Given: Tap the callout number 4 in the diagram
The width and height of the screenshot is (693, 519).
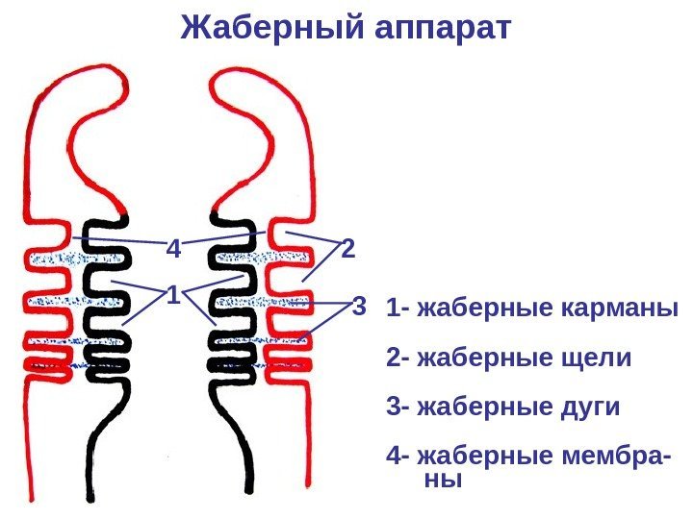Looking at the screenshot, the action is click(174, 250).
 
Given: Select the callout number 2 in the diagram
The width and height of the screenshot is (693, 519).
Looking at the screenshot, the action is click(348, 250).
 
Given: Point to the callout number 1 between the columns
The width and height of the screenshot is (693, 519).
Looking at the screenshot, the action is click(173, 294).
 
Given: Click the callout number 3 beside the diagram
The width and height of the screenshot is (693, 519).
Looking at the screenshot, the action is click(359, 309).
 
